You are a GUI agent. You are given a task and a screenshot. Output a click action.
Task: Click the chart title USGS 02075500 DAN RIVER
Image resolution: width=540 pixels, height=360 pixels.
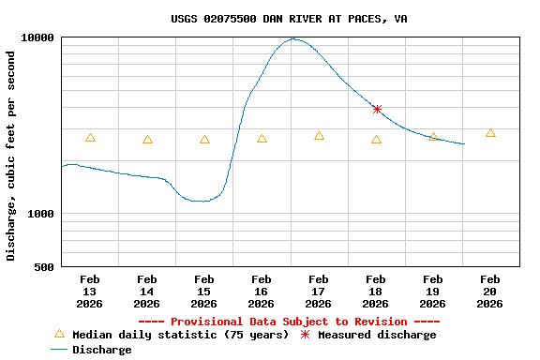(289, 19)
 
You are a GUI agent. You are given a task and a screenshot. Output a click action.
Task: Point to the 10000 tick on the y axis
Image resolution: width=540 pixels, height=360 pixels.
(38, 37)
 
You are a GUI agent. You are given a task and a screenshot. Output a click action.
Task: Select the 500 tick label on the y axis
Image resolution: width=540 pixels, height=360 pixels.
(45, 267)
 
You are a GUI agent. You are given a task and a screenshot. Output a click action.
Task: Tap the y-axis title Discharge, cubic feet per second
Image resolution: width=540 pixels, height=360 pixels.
(11, 156)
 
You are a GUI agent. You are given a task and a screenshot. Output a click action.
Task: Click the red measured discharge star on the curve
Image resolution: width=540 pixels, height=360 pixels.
(377, 110)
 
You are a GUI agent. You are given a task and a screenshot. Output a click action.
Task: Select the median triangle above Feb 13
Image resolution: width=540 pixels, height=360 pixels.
(90, 138)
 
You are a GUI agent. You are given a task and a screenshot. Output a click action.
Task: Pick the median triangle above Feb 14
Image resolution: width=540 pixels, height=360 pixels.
(147, 140)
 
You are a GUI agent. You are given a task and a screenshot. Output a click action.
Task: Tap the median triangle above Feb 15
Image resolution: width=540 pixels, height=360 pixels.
(204, 140)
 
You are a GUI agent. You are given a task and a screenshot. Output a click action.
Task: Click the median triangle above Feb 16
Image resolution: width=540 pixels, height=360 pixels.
(262, 139)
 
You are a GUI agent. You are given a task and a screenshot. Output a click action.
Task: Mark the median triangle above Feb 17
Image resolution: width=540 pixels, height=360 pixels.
(319, 136)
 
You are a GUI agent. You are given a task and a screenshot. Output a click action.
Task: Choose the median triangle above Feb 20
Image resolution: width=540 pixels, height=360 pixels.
(490, 133)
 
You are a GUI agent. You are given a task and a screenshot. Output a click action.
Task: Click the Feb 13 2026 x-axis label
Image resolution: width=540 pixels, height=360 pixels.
(90, 291)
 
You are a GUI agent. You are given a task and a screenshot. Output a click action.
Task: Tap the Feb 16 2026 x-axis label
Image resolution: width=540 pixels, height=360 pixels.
(262, 291)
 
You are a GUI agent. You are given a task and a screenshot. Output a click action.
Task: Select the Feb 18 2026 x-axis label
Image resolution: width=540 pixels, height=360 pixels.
(376, 291)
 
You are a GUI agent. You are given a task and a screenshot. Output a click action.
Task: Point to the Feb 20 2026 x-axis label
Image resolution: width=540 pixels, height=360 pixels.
(490, 291)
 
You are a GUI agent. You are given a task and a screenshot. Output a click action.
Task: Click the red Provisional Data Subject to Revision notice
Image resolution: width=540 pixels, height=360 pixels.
(289, 322)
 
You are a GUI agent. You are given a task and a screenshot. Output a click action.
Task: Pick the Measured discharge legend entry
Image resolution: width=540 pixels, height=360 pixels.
(376, 335)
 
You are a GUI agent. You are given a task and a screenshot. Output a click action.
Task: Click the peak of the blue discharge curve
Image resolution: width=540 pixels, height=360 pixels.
(294, 38)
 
